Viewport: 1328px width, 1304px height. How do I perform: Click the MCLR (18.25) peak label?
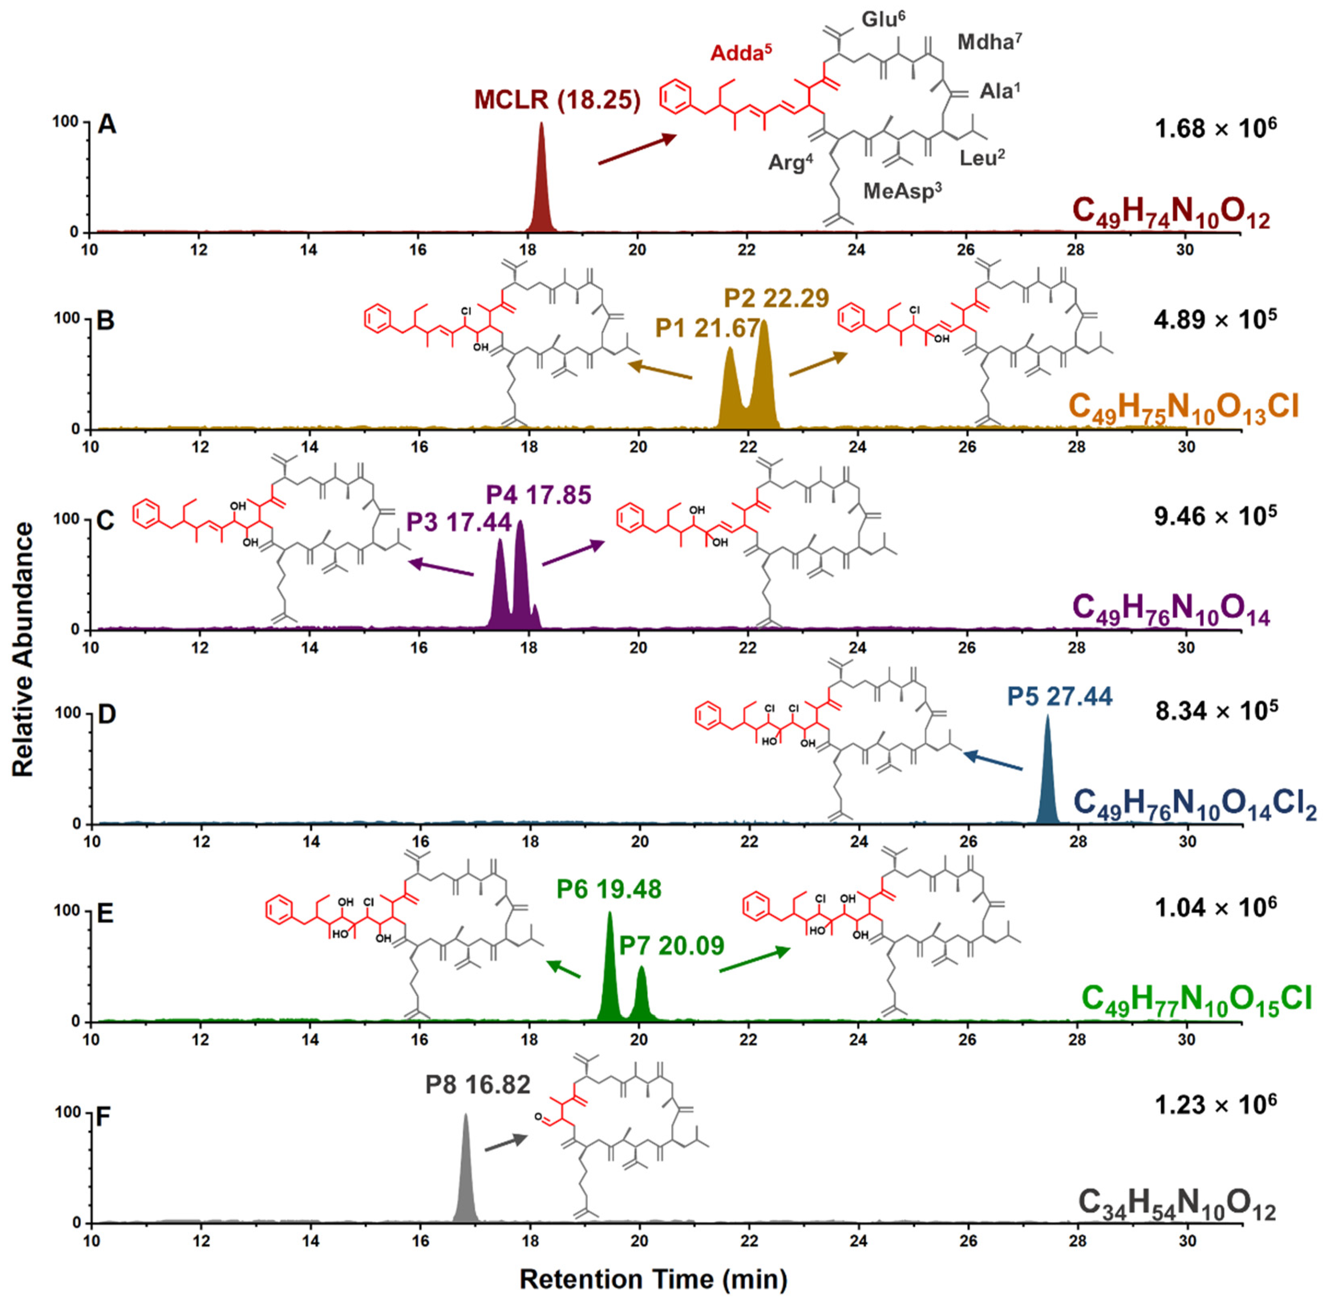[x=557, y=100]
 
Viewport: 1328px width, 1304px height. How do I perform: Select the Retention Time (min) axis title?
[x=654, y=1279]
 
